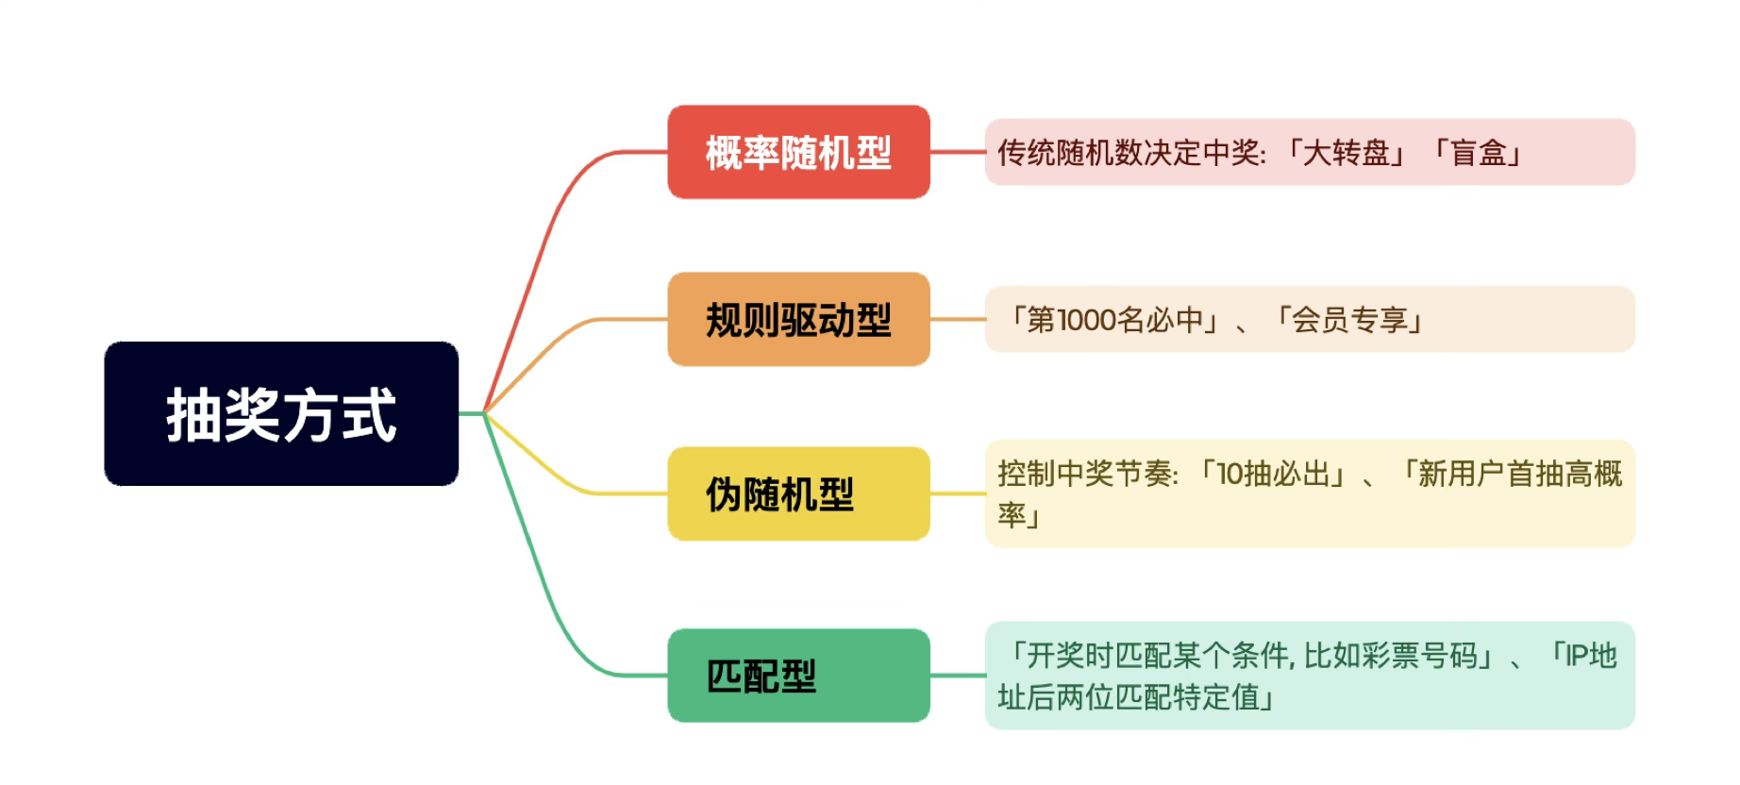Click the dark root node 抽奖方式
click(281, 414)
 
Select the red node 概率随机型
click(798, 152)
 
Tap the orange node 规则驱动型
click(798, 320)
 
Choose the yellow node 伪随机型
click(798, 493)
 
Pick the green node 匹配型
click(798, 676)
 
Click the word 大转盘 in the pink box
click(1346, 152)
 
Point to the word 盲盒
click(1479, 152)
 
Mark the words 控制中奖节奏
click(1084, 474)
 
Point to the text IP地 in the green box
click(1591, 655)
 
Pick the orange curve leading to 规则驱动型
click(547, 348)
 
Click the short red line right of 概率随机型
click(957, 152)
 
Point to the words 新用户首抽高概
click(1519, 474)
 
